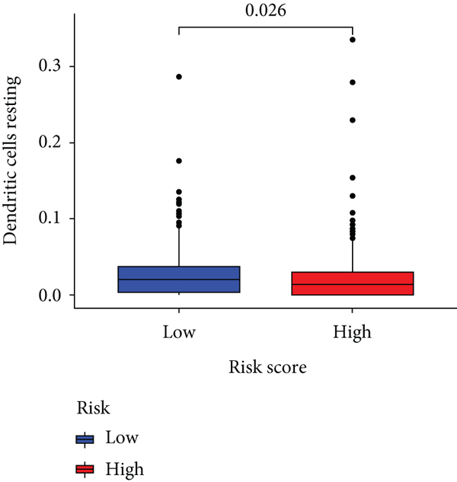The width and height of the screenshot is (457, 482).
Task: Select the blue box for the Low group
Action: (179, 279)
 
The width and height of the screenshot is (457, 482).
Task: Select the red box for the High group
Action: (352, 283)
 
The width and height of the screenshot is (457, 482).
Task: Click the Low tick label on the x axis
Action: (179, 332)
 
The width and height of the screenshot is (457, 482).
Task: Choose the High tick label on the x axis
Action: (352, 332)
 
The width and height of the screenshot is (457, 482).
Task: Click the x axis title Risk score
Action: (268, 369)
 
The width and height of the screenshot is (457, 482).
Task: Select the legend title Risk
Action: (93, 409)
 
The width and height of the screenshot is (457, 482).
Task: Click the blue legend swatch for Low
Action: (85, 439)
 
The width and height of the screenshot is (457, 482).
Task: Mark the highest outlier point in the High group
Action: (352, 39)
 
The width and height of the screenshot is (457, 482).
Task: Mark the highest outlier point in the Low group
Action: (179, 77)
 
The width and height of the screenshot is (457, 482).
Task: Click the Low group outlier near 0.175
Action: (179, 161)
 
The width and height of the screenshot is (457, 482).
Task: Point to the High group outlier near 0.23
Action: (352, 120)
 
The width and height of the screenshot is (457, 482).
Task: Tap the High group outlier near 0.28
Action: (352, 82)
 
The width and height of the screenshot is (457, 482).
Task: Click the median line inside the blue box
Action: (179, 279)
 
